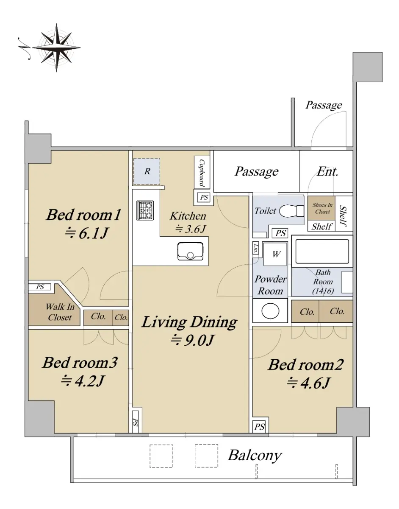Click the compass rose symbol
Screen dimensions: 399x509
click(x=56, y=48)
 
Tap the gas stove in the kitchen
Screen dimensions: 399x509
click(x=145, y=210)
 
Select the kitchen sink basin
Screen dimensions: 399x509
click(x=190, y=251)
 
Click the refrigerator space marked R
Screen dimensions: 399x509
click(x=147, y=171)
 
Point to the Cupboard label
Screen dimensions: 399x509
click(x=202, y=173)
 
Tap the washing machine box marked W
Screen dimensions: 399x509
click(x=275, y=254)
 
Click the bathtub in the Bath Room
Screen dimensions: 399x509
click(x=322, y=252)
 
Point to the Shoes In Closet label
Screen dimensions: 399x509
click(x=322, y=208)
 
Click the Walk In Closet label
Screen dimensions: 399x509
click(x=60, y=312)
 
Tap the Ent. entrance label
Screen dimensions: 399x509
click(x=327, y=172)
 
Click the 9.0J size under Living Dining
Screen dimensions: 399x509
click(x=192, y=340)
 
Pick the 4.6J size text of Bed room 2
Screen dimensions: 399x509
click(x=308, y=383)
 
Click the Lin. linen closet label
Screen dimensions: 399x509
click(x=256, y=248)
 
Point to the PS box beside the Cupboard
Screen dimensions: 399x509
click(x=204, y=197)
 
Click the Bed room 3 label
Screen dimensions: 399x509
click(x=80, y=362)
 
